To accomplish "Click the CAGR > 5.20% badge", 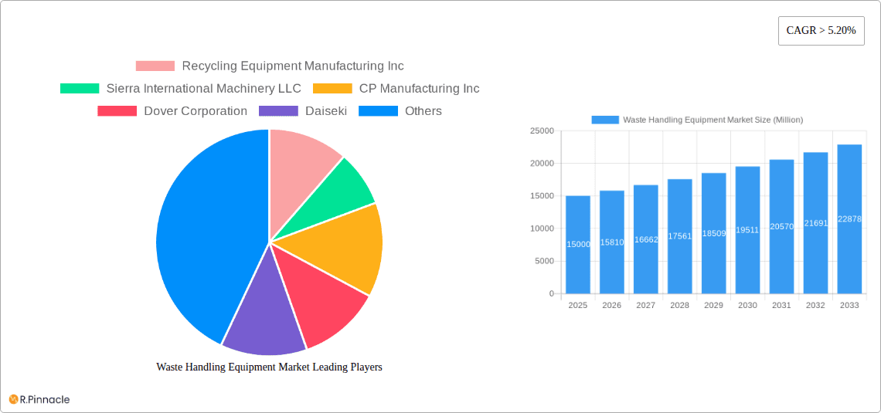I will click(x=821, y=31).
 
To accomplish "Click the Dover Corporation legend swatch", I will click(x=117, y=111).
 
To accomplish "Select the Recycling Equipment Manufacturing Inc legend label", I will click(x=293, y=66).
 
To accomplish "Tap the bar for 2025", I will click(x=578, y=245).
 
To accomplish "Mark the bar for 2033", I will click(x=849, y=219).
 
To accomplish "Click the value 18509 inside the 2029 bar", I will click(x=713, y=232).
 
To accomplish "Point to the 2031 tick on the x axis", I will click(x=781, y=306).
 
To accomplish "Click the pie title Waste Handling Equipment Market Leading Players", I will click(x=269, y=367).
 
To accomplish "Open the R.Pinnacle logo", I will click(x=39, y=399).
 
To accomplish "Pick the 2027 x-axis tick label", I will click(x=645, y=306).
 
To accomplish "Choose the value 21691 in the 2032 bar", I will click(x=815, y=223).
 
